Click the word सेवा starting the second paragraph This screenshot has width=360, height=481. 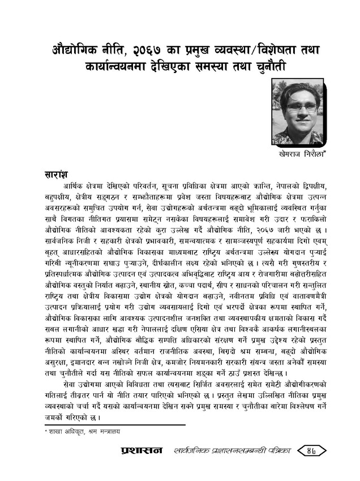tap(71, 385)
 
